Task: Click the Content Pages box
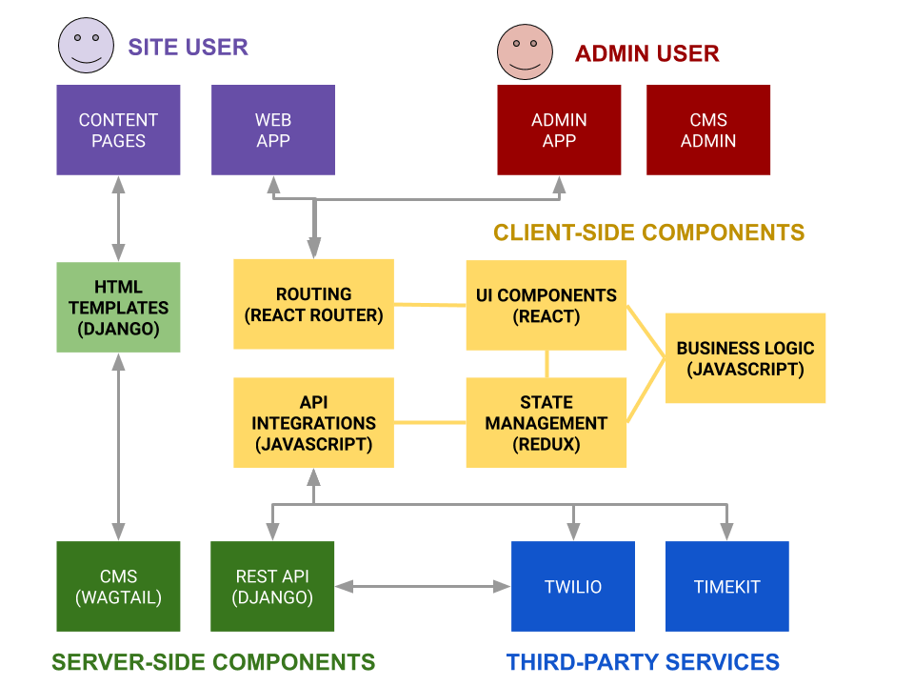[x=118, y=131]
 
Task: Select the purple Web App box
[x=272, y=131]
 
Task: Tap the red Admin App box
[x=559, y=131]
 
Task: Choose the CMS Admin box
[x=707, y=131]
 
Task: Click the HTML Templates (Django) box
[x=118, y=308]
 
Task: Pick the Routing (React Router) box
[x=313, y=304]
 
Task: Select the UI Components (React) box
[x=546, y=305]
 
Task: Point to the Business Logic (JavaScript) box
[x=745, y=358]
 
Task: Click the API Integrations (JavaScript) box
[x=313, y=422]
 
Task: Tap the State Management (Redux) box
[x=546, y=422]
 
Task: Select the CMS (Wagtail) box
[x=118, y=586]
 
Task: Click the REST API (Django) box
[x=272, y=586]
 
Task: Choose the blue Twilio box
[x=572, y=586]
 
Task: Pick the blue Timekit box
[x=726, y=586]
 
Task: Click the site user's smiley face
[x=86, y=46]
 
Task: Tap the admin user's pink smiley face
[x=525, y=51]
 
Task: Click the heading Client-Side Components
[x=648, y=232]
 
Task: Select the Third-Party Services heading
[x=643, y=661]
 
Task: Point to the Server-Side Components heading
[x=213, y=661]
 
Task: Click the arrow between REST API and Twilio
[x=423, y=587]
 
